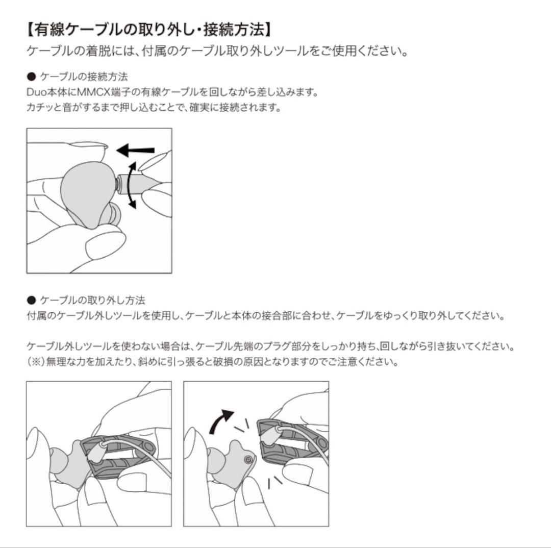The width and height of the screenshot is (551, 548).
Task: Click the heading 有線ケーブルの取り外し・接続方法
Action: (148, 29)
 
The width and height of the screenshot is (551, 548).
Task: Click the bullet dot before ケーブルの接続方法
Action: (31, 77)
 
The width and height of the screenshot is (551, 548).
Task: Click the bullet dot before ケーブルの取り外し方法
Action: (31, 300)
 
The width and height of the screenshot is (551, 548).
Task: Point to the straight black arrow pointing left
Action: (135, 150)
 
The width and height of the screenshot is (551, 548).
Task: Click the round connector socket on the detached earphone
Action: (248, 459)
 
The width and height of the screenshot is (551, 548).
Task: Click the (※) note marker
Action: (36, 362)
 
